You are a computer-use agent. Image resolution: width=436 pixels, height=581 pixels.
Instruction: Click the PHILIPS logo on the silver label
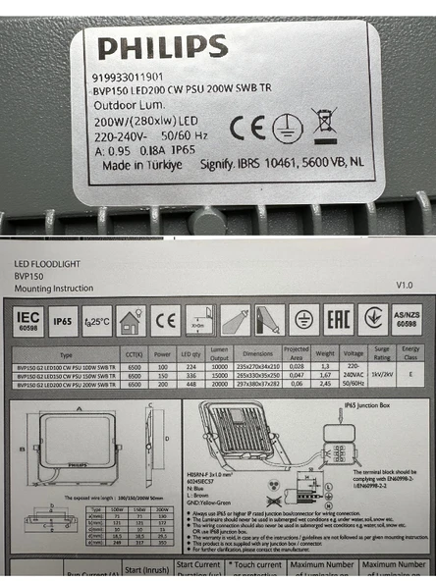click(162, 47)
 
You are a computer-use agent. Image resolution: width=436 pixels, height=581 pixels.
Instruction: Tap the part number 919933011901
click(128, 76)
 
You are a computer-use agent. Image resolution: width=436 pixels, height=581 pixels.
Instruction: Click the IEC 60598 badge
click(29, 319)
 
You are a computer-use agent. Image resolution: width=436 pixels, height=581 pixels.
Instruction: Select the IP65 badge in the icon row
click(63, 320)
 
